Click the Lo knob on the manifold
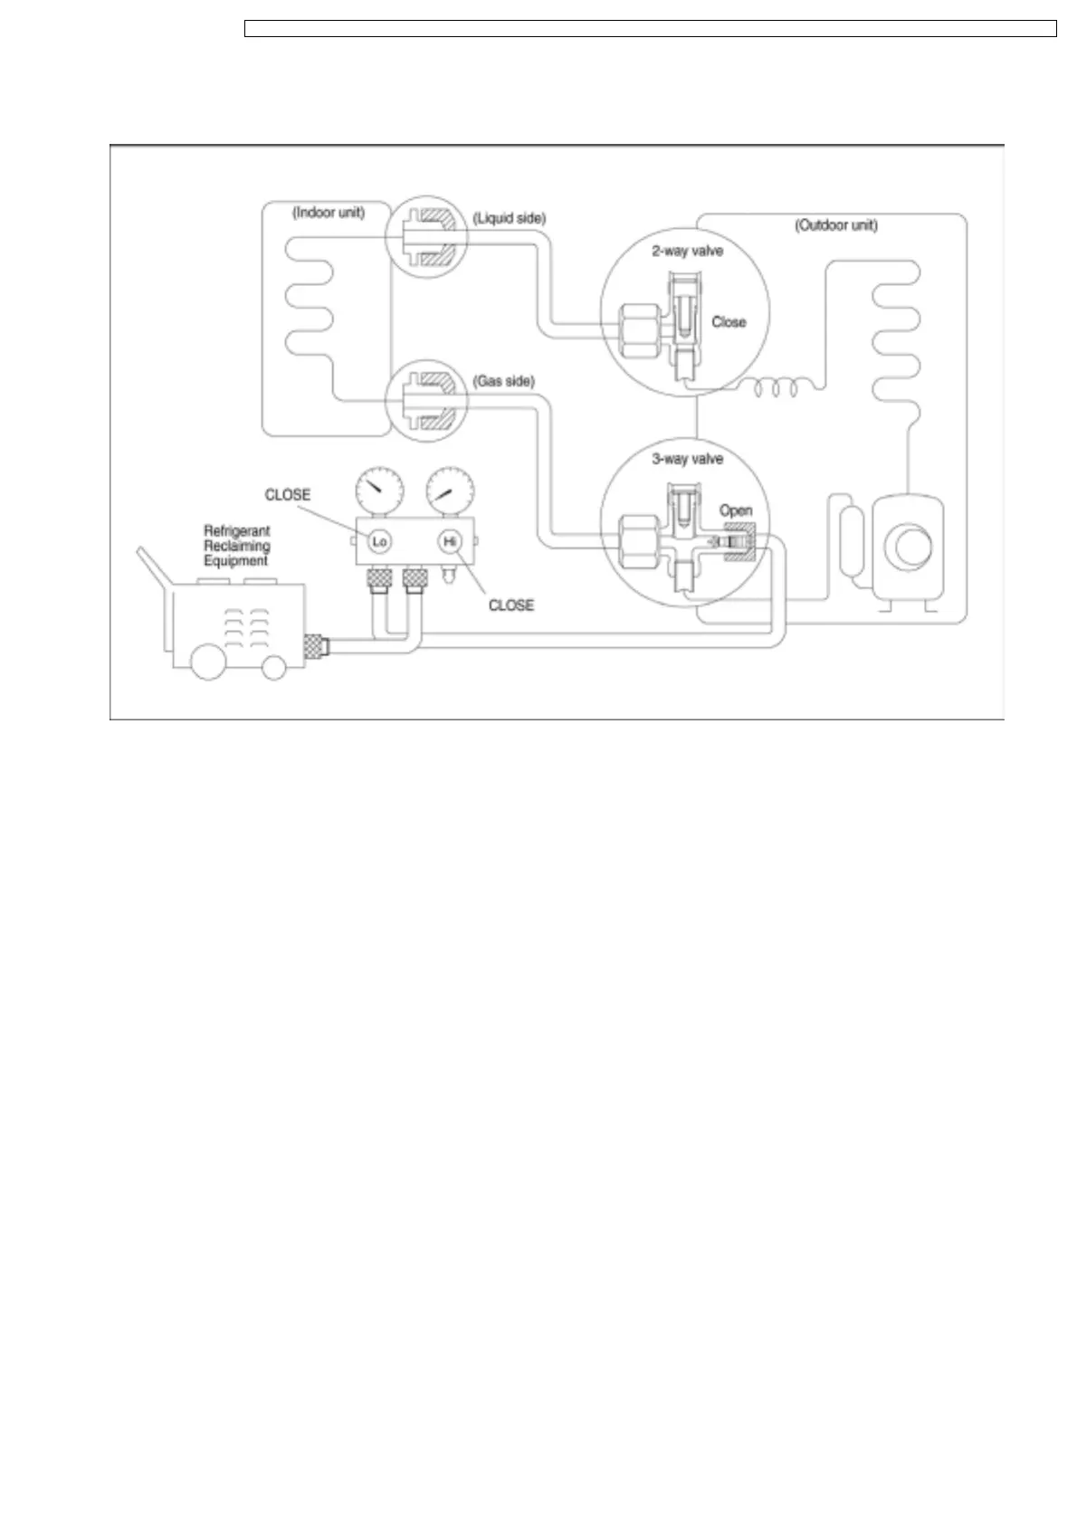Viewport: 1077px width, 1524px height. point(379,541)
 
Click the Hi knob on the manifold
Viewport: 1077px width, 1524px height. point(450,541)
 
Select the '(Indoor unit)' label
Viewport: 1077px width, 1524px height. point(329,214)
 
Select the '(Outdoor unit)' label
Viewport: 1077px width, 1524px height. point(835,225)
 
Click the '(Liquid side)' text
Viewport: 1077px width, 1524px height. point(510,218)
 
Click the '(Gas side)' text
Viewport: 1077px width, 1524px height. point(504,382)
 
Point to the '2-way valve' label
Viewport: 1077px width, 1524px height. point(688,251)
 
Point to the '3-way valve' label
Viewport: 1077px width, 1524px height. point(688,459)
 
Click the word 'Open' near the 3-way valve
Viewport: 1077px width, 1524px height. point(736,510)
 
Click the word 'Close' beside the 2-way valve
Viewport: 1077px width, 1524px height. point(729,321)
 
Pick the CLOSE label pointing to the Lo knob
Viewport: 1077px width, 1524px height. point(288,495)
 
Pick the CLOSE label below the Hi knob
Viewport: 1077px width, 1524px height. point(511,605)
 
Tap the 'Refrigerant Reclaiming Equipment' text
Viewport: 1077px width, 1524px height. point(237,546)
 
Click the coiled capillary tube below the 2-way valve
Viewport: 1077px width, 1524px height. point(777,388)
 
